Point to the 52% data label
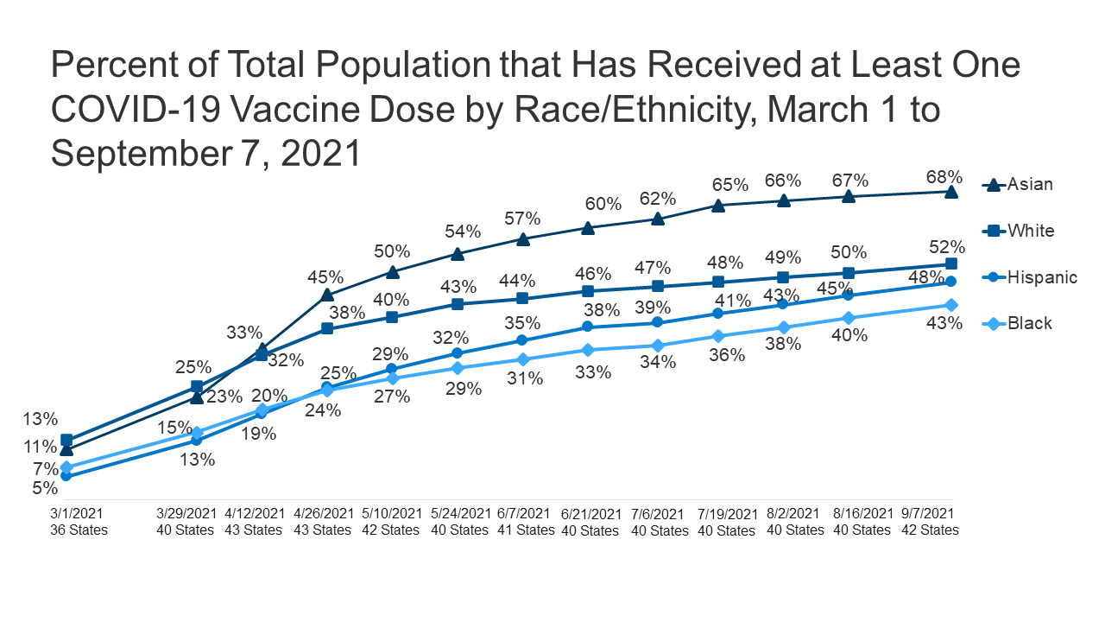[x=946, y=247]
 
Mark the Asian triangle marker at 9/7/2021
[x=951, y=191]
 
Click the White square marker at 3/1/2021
[x=66, y=440]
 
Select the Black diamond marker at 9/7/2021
[x=951, y=305]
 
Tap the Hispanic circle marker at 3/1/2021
[x=66, y=476]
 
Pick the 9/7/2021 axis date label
[x=930, y=514]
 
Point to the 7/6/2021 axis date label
[x=659, y=514]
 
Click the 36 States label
[x=79, y=530]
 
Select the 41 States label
[x=526, y=530]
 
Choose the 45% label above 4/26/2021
[x=325, y=278]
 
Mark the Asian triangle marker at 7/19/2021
[x=717, y=205]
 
